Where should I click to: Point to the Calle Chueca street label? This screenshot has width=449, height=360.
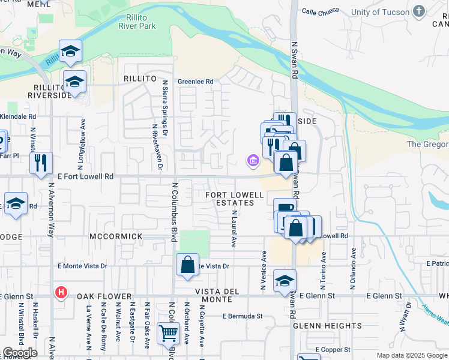coord(320,11)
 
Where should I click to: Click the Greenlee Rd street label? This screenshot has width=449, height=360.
coord(196,82)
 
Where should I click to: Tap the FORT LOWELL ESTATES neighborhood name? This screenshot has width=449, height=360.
coord(235,199)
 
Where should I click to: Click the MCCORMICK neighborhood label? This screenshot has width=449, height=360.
coord(116,236)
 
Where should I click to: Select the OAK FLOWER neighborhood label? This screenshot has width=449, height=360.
coord(104,296)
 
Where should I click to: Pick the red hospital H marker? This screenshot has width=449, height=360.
coord(61,293)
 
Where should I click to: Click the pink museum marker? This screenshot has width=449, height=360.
coord(253,160)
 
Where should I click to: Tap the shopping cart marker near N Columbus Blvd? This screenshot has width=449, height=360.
coord(168,332)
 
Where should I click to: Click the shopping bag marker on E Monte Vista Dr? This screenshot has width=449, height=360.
coord(188,264)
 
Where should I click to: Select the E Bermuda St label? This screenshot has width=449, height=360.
coord(243,316)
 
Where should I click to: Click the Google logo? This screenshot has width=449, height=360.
coord(19,352)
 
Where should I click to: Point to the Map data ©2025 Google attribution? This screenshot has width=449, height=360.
coord(412,355)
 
